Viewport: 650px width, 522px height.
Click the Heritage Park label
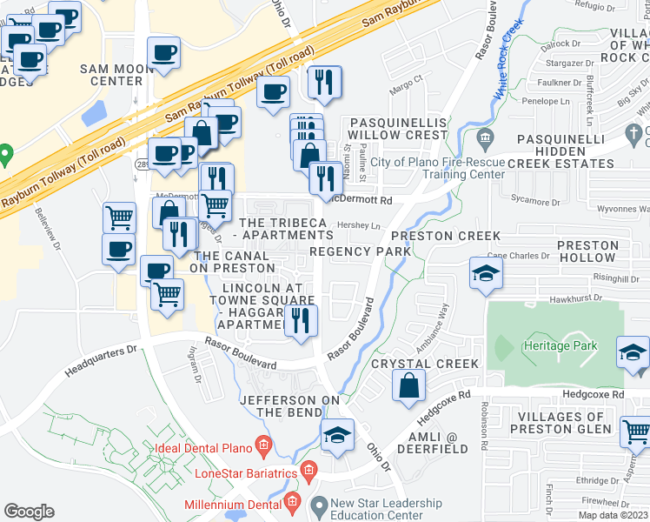click(x=560, y=345)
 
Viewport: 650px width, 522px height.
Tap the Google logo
click(x=29, y=512)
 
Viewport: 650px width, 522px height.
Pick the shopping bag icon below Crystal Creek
click(x=408, y=385)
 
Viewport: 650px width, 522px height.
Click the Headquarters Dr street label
click(x=103, y=362)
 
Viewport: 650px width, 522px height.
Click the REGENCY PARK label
click(x=359, y=251)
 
